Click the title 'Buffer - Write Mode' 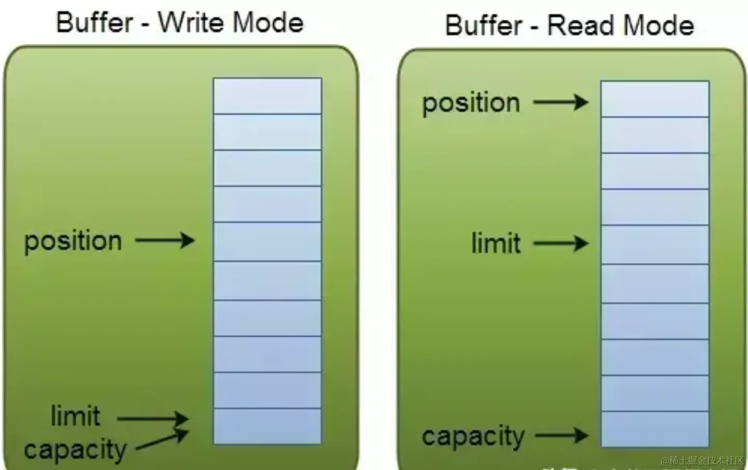click(x=180, y=23)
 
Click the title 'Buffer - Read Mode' click(x=569, y=25)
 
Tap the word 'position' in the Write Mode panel click(x=73, y=241)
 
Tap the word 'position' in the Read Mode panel click(x=471, y=103)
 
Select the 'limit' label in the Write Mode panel click(x=75, y=416)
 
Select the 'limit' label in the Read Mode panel click(x=496, y=243)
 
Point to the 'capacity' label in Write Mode click(x=75, y=450)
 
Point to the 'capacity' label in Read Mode click(x=473, y=436)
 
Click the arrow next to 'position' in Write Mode click(x=165, y=240)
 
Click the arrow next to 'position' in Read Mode click(x=561, y=102)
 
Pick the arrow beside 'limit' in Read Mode click(x=561, y=243)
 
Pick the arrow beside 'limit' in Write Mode click(x=153, y=418)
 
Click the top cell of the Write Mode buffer click(x=267, y=96)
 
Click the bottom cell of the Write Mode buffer click(x=267, y=426)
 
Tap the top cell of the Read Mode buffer click(x=654, y=99)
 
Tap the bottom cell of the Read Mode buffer click(x=654, y=429)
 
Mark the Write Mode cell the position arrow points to click(x=267, y=241)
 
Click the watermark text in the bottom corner click(x=702, y=461)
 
